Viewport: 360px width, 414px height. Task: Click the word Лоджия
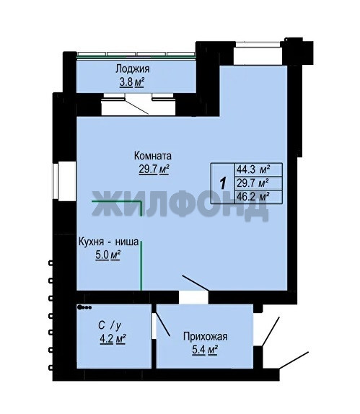pyautogui.click(x=133, y=69)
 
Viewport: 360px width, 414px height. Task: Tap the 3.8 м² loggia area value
pyautogui.click(x=132, y=82)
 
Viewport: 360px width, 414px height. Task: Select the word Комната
pyautogui.click(x=153, y=156)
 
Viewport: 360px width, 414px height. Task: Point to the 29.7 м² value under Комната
pyautogui.click(x=154, y=169)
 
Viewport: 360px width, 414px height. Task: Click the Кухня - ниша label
pyautogui.click(x=108, y=242)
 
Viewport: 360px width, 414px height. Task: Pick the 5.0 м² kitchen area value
pyautogui.click(x=107, y=255)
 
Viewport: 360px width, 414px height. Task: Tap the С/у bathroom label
pyautogui.click(x=110, y=325)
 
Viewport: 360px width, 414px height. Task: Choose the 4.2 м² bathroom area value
pyautogui.click(x=113, y=339)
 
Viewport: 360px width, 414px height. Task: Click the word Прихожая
pyautogui.click(x=205, y=337)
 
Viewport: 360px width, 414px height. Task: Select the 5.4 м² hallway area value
pyautogui.click(x=205, y=350)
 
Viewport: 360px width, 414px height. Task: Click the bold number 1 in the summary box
pyautogui.click(x=223, y=183)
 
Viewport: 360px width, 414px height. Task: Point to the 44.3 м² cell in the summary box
pyautogui.click(x=253, y=169)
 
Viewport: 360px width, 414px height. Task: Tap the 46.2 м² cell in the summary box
pyautogui.click(x=253, y=197)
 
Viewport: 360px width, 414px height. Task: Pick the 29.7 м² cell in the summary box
pyautogui.click(x=253, y=183)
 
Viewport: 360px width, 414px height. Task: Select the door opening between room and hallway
pyautogui.click(x=193, y=297)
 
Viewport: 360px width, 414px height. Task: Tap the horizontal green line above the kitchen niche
pyautogui.click(x=117, y=201)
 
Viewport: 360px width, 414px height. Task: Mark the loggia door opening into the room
pyautogui.click(x=139, y=105)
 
